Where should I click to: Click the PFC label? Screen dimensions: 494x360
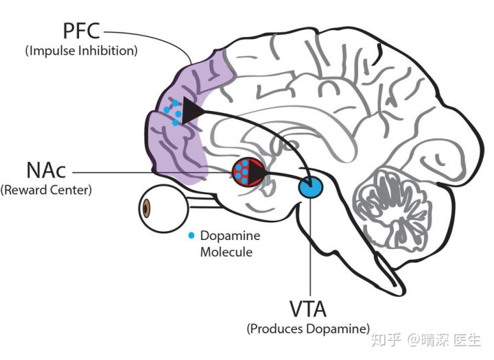[x=82, y=31]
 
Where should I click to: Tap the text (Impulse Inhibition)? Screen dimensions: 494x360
[x=81, y=51]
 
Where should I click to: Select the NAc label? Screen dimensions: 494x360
[x=47, y=170]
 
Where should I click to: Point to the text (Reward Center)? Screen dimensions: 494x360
[x=46, y=190]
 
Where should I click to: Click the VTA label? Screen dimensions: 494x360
[x=308, y=309]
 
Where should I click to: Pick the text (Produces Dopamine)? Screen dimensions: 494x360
[x=308, y=329]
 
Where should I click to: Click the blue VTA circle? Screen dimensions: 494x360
[x=311, y=187]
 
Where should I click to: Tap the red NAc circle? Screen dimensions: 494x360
[x=248, y=172]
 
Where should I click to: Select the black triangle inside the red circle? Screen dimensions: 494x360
[x=256, y=172]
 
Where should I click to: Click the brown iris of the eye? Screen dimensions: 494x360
[x=146, y=208]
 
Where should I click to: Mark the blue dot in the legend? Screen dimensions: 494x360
[x=191, y=235]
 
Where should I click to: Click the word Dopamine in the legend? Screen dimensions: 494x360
[x=231, y=236]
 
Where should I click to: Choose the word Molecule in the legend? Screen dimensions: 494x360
[x=226, y=252]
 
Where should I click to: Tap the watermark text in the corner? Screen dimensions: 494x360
[x=426, y=340]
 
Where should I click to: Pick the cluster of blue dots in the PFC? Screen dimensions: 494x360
[x=173, y=112]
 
